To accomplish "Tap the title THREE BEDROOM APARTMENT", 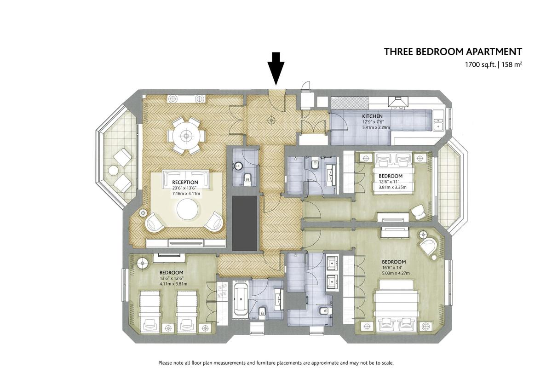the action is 453,52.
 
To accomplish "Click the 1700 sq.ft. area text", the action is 479,65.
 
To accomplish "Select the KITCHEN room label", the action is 372,116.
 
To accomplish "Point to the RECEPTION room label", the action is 185,182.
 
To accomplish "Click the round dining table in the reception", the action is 186,136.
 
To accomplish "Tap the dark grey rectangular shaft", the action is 245,224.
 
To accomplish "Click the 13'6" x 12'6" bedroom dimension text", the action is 172,278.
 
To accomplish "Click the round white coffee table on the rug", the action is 188,209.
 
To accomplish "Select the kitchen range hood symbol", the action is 398,102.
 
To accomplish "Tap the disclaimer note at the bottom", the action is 276,363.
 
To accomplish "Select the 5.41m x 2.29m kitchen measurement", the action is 376,127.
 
